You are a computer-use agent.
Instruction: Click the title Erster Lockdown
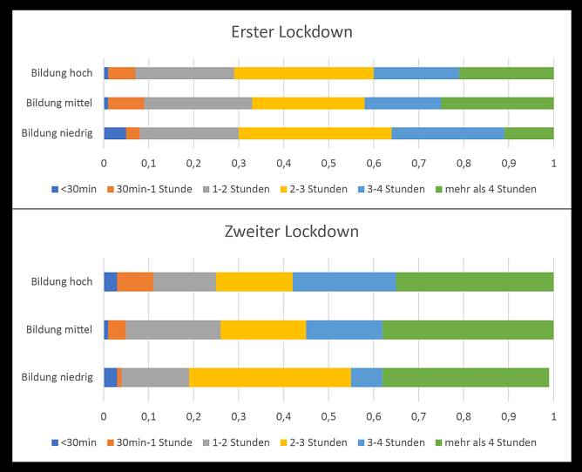coord(291,32)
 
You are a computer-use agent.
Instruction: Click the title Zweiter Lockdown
coord(291,232)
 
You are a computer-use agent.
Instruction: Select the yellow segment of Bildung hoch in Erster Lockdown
coord(304,73)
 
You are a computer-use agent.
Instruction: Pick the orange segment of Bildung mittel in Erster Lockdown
coord(125,103)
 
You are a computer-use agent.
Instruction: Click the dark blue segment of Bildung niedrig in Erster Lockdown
coord(115,133)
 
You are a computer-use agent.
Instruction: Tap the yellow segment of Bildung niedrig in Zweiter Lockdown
coord(270,377)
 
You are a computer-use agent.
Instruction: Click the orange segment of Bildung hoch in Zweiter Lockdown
coord(135,281)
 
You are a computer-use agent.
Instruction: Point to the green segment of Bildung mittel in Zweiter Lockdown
coord(468,329)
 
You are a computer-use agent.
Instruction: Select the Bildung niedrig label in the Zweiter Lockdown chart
coord(62,377)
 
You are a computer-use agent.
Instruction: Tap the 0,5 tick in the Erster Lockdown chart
coord(328,163)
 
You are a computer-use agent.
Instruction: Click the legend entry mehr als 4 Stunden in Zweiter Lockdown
coord(487,442)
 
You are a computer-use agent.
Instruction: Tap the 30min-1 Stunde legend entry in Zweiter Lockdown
coord(149,442)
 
